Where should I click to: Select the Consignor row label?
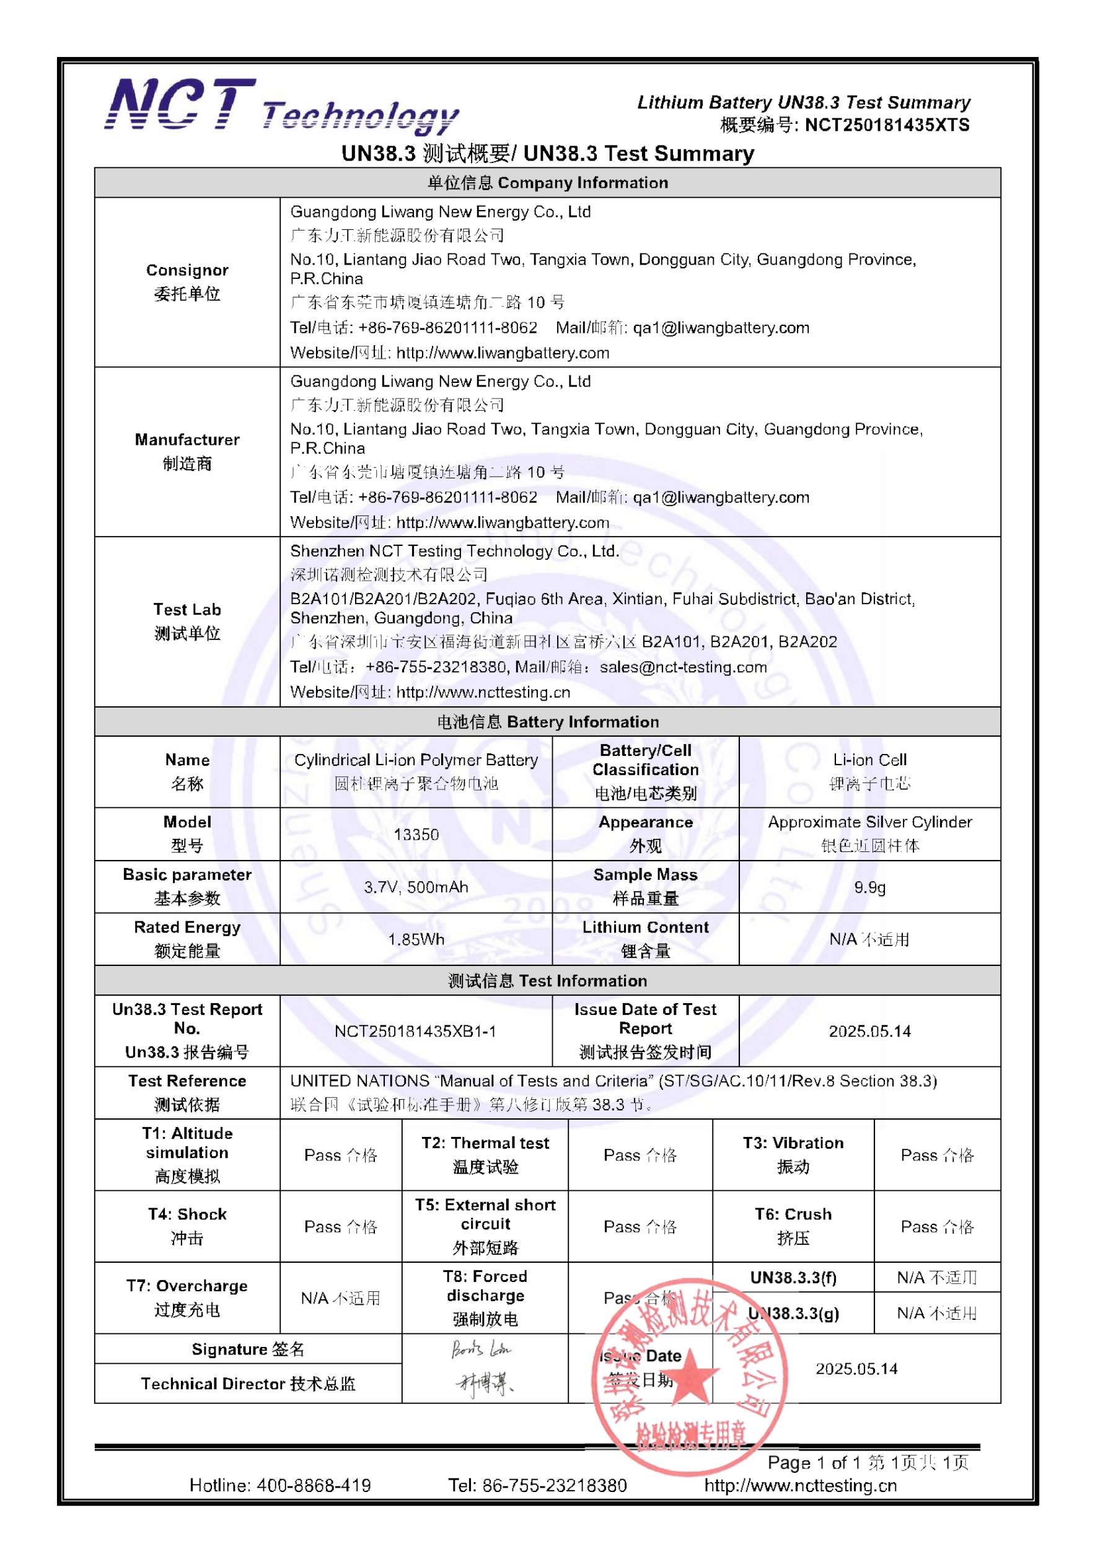coord(187,281)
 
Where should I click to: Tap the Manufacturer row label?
coord(187,450)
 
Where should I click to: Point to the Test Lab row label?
coord(187,621)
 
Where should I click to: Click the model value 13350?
coord(416,835)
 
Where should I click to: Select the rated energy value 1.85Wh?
coord(416,939)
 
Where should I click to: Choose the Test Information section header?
coord(547,980)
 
